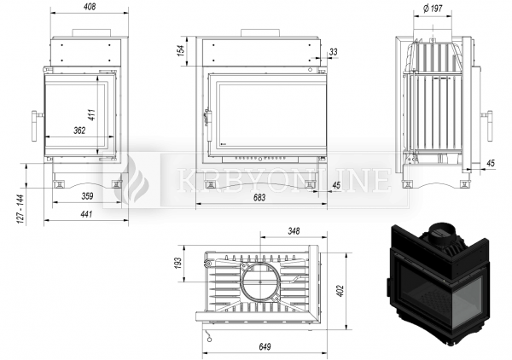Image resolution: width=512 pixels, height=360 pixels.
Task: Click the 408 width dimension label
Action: pos(90,7)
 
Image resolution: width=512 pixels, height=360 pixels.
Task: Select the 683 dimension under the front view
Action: pos(259,197)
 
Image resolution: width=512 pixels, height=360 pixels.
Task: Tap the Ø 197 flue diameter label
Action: pos(433,9)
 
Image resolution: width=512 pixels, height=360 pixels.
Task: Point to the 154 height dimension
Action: pos(181,50)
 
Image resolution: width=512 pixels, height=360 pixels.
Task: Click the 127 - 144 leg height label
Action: pos(20,209)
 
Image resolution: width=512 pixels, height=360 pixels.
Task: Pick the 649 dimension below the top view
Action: pos(265,346)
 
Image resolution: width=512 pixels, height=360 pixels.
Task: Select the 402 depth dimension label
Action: pos(340,291)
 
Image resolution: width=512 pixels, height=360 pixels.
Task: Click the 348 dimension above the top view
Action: pos(294,231)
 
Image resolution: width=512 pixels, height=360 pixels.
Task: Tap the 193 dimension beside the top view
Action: pos(177,263)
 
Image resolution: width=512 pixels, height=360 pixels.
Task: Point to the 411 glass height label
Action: pos(92,114)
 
